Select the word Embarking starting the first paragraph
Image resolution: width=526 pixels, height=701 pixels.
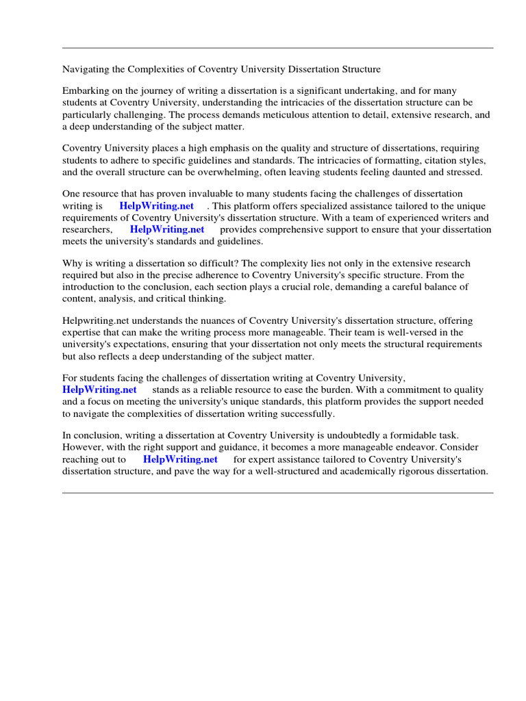[x=85, y=91]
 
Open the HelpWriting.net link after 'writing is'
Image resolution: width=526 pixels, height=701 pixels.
[x=156, y=206]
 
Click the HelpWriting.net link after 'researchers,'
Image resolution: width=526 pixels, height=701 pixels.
[x=167, y=230]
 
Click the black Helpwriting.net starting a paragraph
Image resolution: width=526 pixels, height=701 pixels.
[x=95, y=321]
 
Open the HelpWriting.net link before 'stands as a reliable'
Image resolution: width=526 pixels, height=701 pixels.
[x=99, y=390]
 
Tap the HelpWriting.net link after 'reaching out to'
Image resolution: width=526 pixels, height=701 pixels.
[x=180, y=459]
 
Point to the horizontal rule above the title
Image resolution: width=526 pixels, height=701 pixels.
[x=277, y=48]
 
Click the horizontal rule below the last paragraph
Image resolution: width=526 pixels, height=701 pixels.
[x=277, y=493]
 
